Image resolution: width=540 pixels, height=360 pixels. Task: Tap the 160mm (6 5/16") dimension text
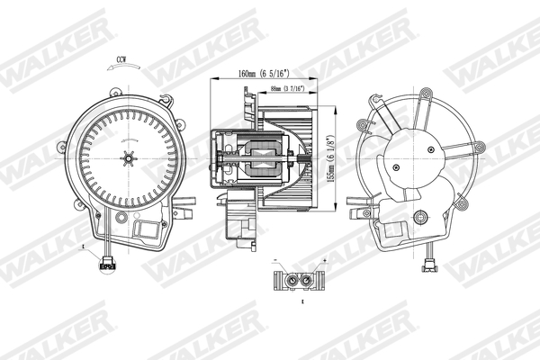coord(263,74)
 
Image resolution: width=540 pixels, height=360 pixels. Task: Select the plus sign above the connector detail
coord(322,260)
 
